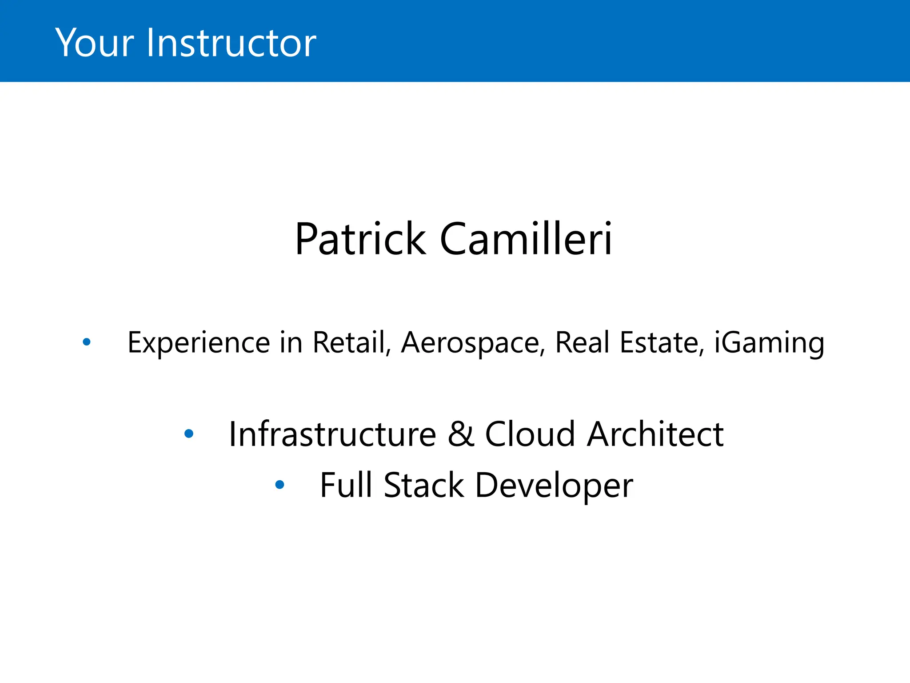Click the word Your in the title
(94, 43)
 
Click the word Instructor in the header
(231, 43)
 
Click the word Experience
(199, 343)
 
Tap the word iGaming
(769, 344)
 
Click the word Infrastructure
(332, 434)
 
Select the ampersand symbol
(461, 434)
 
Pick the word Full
(346, 485)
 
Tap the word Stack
(424, 485)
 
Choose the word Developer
(554, 486)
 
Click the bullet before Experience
(87, 342)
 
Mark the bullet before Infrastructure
(189, 434)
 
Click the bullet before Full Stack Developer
(280, 485)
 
